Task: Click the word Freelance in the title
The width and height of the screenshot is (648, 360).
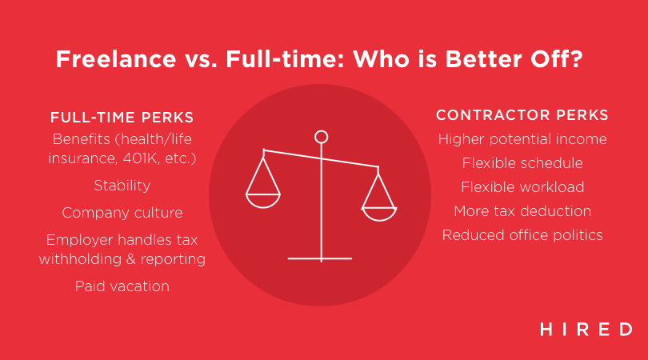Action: click(x=116, y=58)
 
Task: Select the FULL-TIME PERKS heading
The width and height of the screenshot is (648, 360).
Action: click(x=122, y=118)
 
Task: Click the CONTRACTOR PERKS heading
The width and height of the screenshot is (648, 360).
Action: click(x=522, y=115)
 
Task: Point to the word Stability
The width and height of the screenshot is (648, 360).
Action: click(x=122, y=186)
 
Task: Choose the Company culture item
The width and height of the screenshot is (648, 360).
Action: click(x=122, y=213)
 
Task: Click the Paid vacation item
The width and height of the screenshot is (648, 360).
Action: click(x=122, y=286)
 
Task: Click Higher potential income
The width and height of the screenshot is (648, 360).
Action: click(x=522, y=139)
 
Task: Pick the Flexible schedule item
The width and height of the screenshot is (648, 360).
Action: click(x=522, y=163)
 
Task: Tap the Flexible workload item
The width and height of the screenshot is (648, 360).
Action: click(x=522, y=187)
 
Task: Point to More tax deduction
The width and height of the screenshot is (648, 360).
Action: click(x=522, y=210)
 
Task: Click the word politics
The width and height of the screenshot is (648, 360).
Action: click(x=578, y=235)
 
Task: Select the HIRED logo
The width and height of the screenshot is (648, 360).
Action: click(x=586, y=330)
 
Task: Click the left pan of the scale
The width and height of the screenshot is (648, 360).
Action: click(x=263, y=201)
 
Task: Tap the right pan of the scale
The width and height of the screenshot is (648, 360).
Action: click(x=379, y=214)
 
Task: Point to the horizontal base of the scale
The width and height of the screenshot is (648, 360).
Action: click(x=320, y=258)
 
